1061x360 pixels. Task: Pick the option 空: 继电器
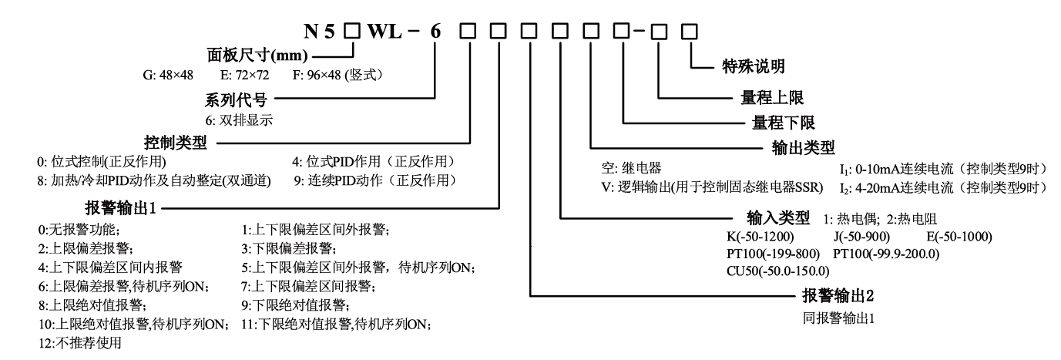click(x=623, y=168)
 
